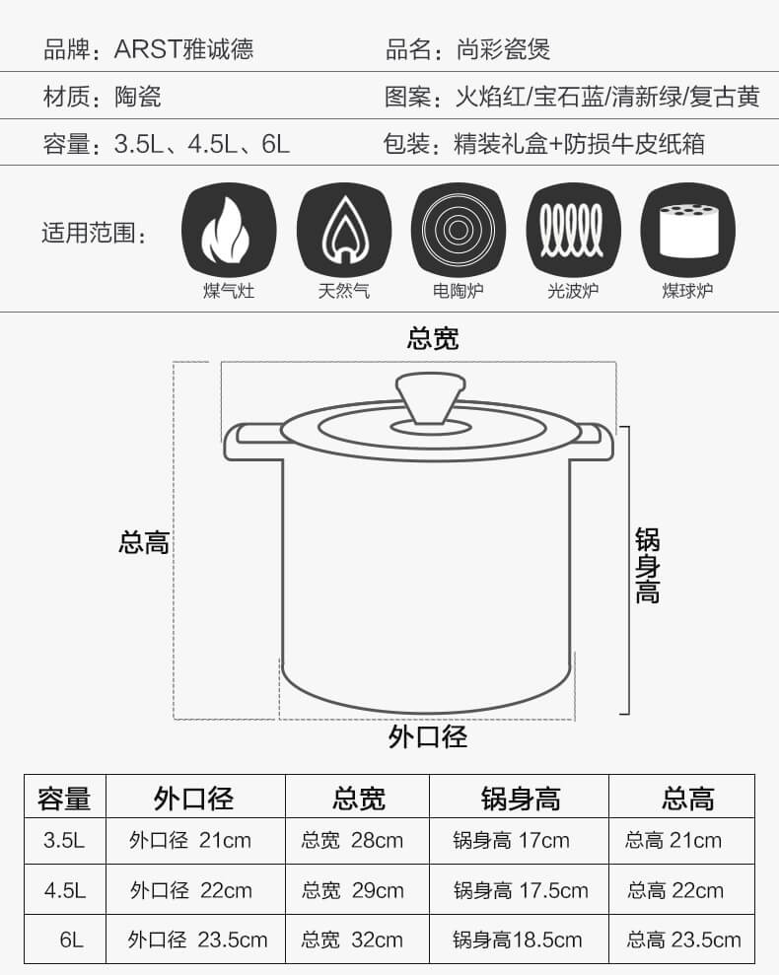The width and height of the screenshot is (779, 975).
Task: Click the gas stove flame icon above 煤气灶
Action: point(229,230)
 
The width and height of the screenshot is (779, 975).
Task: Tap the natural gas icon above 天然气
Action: point(344,230)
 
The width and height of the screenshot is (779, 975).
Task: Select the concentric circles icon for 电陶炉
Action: point(459,230)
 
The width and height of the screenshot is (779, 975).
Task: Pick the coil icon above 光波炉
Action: point(573,230)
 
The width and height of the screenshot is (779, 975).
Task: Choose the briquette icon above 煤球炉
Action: point(687,230)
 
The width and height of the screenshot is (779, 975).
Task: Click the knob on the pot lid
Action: point(431,398)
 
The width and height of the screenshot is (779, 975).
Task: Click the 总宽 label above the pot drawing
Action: point(433,339)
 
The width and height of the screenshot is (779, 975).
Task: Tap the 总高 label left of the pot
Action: point(144,542)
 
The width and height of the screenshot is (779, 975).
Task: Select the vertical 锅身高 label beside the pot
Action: point(648,566)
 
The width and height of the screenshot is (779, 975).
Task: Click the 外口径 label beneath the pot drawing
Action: point(428,736)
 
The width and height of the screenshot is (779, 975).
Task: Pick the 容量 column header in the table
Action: point(64,799)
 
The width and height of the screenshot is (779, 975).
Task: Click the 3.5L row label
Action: point(64,841)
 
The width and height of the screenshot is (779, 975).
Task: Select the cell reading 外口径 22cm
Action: point(191,890)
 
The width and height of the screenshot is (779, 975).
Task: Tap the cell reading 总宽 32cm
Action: point(352,939)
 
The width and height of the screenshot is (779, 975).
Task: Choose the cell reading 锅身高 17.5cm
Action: point(521,890)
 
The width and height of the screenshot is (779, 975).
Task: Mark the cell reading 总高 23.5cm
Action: point(683,939)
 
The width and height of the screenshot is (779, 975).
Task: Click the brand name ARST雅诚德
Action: point(183,49)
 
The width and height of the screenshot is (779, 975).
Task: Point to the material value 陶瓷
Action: point(137,97)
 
